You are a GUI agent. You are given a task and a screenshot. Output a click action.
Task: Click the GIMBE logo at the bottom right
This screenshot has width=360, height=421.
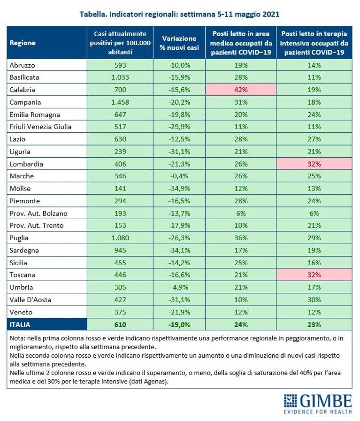[x=318, y=404]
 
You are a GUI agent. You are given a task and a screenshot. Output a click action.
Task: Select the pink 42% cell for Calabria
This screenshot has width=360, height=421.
[x=241, y=90]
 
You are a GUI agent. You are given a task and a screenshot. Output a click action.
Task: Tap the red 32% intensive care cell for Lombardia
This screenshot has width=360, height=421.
[x=314, y=164]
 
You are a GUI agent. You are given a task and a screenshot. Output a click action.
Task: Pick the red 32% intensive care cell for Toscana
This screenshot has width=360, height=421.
[x=314, y=275]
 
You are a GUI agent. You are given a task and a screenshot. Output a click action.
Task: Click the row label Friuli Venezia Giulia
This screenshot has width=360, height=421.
[x=40, y=127]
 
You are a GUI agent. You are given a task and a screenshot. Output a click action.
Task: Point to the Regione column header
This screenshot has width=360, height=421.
[x=23, y=43]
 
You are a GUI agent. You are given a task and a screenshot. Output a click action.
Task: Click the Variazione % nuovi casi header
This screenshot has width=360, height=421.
[x=179, y=43]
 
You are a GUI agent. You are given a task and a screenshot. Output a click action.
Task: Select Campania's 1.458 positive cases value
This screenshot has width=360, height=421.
[x=120, y=102]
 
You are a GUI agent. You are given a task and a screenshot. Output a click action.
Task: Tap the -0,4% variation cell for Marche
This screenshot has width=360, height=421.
[x=179, y=176]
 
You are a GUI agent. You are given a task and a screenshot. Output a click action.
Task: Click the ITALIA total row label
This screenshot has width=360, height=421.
[x=20, y=325]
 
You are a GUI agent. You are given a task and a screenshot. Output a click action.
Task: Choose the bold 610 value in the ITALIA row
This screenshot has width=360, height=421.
[x=120, y=325]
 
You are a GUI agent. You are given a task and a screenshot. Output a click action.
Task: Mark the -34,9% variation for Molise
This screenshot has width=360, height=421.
[x=179, y=189]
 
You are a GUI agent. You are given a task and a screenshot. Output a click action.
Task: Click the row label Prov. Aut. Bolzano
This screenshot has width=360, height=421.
[x=38, y=214]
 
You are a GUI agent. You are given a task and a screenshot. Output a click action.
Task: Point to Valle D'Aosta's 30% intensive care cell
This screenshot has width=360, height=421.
[x=314, y=299]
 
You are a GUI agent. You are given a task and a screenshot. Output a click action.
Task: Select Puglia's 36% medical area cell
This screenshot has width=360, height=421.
[x=241, y=238]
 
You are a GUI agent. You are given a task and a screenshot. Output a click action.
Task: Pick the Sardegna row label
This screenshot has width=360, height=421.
[x=24, y=251]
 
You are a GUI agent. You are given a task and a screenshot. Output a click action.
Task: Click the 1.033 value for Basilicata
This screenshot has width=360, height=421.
[x=120, y=77]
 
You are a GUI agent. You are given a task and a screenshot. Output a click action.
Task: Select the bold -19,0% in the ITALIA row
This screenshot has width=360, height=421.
[x=179, y=325]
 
